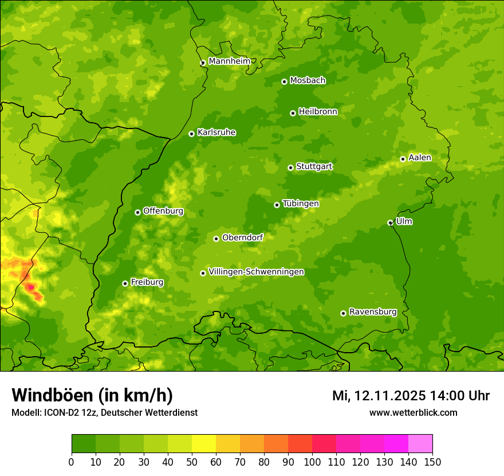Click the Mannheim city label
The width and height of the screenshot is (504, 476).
click(x=229, y=61)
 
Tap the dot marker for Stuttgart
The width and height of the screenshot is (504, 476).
click(x=290, y=167)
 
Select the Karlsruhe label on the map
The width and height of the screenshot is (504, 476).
click(x=216, y=132)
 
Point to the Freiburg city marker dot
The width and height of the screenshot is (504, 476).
click(x=125, y=283)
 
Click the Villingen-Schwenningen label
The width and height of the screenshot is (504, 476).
click(x=256, y=272)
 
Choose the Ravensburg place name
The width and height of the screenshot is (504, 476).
click(x=373, y=312)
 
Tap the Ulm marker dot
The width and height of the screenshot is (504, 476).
click(x=390, y=223)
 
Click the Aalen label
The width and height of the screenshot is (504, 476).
click(x=420, y=158)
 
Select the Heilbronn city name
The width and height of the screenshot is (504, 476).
click(x=318, y=112)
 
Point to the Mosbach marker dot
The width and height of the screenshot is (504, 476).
click(x=284, y=81)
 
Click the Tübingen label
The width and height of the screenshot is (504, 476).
click(x=301, y=204)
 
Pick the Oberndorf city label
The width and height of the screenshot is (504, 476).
click(x=242, y=237)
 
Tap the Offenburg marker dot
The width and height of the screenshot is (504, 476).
click(x=137, y=212)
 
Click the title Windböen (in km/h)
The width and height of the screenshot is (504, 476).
click(x=92, y=395)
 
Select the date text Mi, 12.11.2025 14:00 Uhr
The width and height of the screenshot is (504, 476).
click(x=411, y=396)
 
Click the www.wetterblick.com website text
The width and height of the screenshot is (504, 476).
click(x=413, y=412)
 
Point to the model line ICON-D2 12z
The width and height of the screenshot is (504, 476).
click(x=104, y=412)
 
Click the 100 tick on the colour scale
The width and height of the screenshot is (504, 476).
click(x=312, y=462)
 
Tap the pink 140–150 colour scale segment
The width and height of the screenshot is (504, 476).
click(x=420, y=444)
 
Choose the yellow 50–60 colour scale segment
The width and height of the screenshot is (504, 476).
click(x=203, y=444)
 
